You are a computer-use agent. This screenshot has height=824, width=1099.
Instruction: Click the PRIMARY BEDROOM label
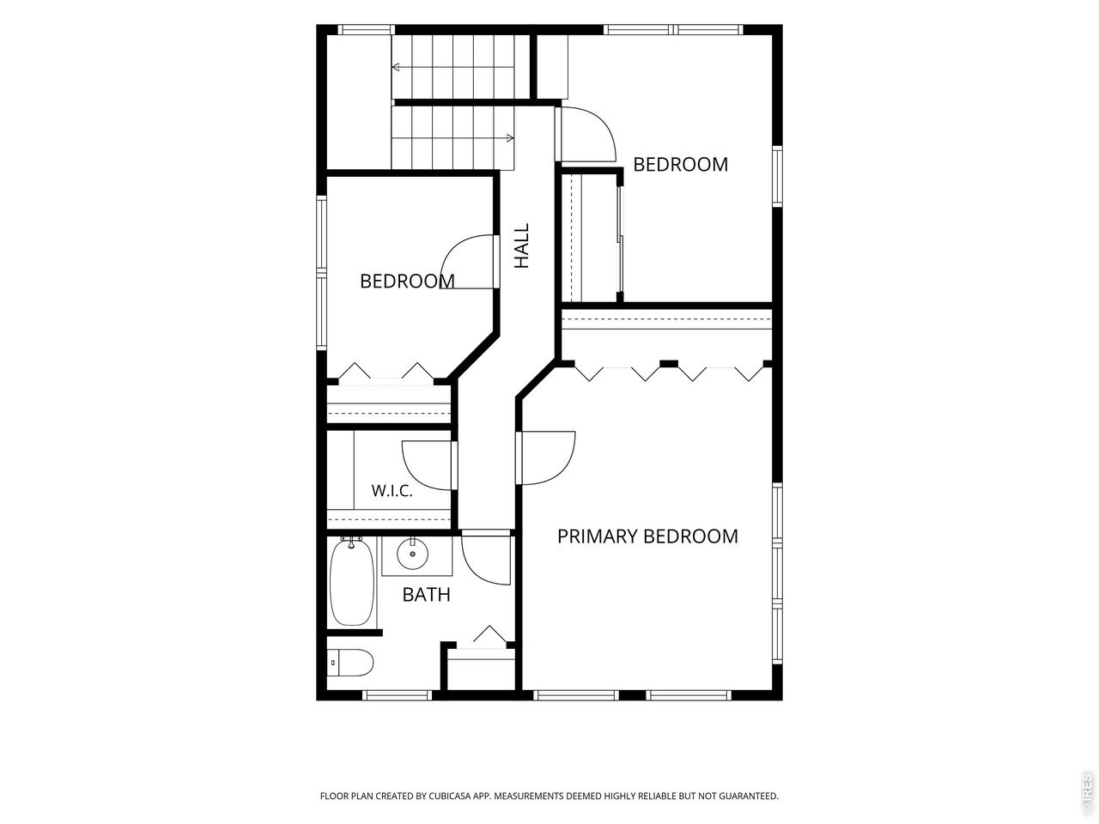(x=647, y=536)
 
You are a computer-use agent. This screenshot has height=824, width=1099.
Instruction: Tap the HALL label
(x=522, y=245)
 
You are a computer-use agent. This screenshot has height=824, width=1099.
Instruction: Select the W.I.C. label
(x=392, y=490)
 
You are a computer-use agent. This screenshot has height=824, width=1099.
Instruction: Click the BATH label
(x=426, y=595)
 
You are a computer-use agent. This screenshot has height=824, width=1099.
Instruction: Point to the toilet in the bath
(x=350, y=663)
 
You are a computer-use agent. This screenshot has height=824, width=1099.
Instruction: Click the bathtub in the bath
(x=351, y=583)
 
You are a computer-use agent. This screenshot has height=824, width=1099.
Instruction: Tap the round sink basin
(x=412, y=554)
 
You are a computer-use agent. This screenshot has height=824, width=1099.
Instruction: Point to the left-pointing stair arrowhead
(x=396, y=67)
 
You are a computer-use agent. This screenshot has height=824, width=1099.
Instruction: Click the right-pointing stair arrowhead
(x=510, y=138)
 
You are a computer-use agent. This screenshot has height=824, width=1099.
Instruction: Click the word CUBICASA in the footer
(x=449, y=796)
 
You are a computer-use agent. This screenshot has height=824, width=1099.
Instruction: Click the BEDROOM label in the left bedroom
(x=407, y=282)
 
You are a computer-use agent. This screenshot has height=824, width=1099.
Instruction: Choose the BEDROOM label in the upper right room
(x=680, y=165)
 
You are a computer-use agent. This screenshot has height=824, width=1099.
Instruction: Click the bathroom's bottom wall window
(x=397, y=695)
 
